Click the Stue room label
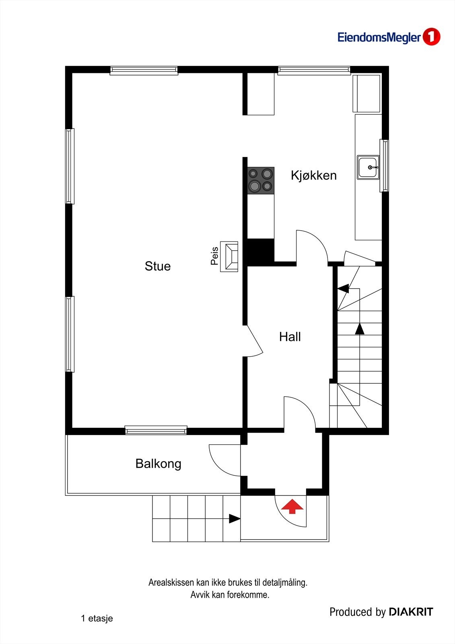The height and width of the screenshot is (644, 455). tap(157, 266)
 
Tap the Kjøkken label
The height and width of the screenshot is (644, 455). tap(313, 175)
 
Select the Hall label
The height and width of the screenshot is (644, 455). tap(290, 337)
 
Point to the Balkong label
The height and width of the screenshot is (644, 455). tap(158, 464)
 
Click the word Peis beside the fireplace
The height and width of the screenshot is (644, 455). tap(214, 256)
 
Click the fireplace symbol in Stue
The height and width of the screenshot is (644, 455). tap(230, 256)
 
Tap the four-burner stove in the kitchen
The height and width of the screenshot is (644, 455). tap(261, 180)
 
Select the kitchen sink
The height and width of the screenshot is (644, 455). tap(368, 167)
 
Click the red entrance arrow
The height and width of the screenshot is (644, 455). tap(292, 506)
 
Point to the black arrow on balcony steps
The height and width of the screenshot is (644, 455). tap(234, 519)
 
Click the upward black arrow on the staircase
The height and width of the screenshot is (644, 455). tap(360, 329)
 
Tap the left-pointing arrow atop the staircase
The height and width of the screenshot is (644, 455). tap(343, 288)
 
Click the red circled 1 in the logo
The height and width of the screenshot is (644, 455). tap(431, 37)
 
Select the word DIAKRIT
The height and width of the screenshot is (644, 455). tap(411, 612)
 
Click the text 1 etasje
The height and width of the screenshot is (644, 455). tap(97, 618)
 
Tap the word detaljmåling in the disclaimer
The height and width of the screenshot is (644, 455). tap(284, 582)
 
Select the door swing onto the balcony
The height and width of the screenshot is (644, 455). tap(224, 460)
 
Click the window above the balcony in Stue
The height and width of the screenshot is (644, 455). tap(156, 430)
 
